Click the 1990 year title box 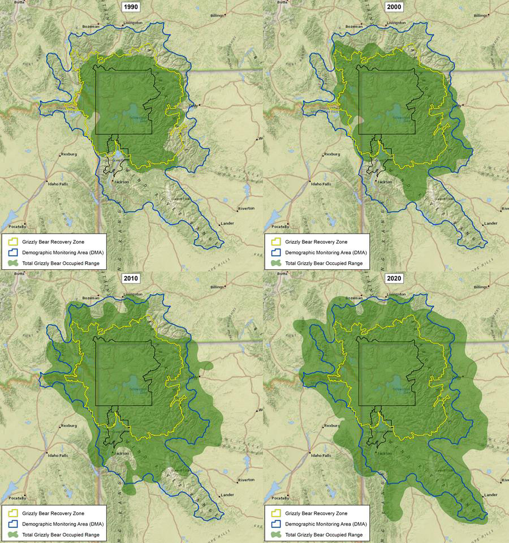click(x=131, y=7)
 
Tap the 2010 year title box click(x=131, y=278)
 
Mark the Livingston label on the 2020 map click(x=396, y=294)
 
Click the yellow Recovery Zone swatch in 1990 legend click(x=12, y=242)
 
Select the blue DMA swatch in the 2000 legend click(x=274, y=252)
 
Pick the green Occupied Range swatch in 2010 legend click(x=12, y=534)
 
